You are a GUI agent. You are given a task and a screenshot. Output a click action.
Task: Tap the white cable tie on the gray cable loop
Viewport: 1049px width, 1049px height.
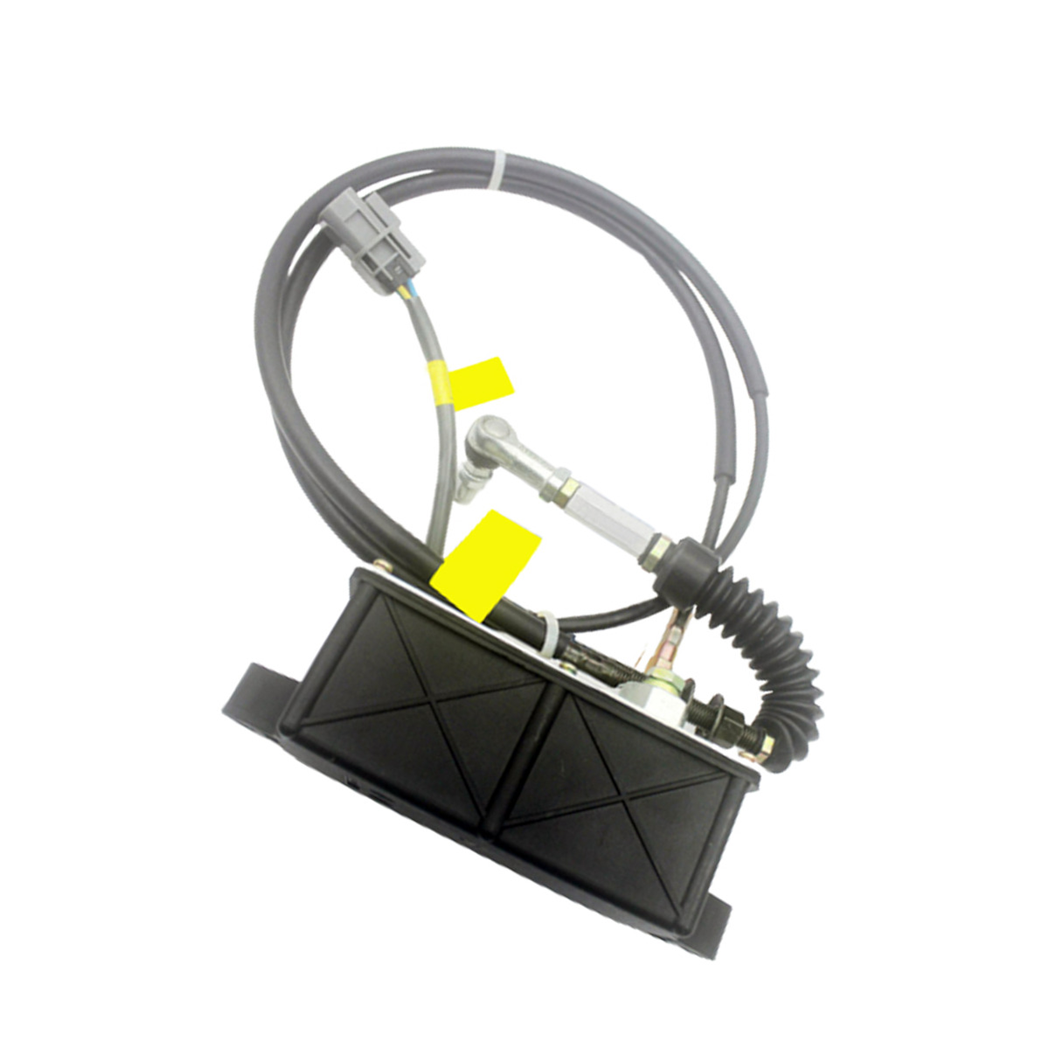point(499,168)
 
